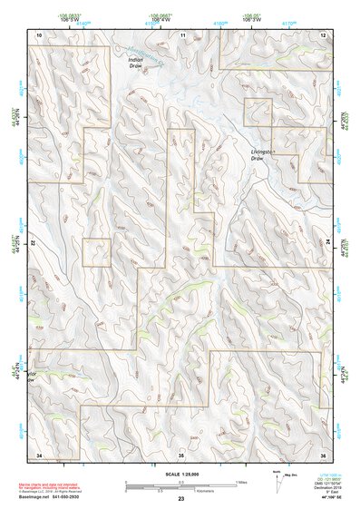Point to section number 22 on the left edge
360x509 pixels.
click(x=33, y=244)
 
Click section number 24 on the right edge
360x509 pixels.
click(x=328, y=243)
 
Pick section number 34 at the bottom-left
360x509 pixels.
click(x=39, y=453)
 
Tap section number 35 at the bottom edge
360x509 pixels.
click(x=181, y=453)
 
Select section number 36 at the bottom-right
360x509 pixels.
click(x=323, y=453)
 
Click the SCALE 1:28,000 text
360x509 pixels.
click(x=180, y=474)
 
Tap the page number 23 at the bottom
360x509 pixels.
click(x=180, y=500)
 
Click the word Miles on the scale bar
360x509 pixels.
click(x=241, y=482)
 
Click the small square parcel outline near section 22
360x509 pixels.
click(x=96, y=252)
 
